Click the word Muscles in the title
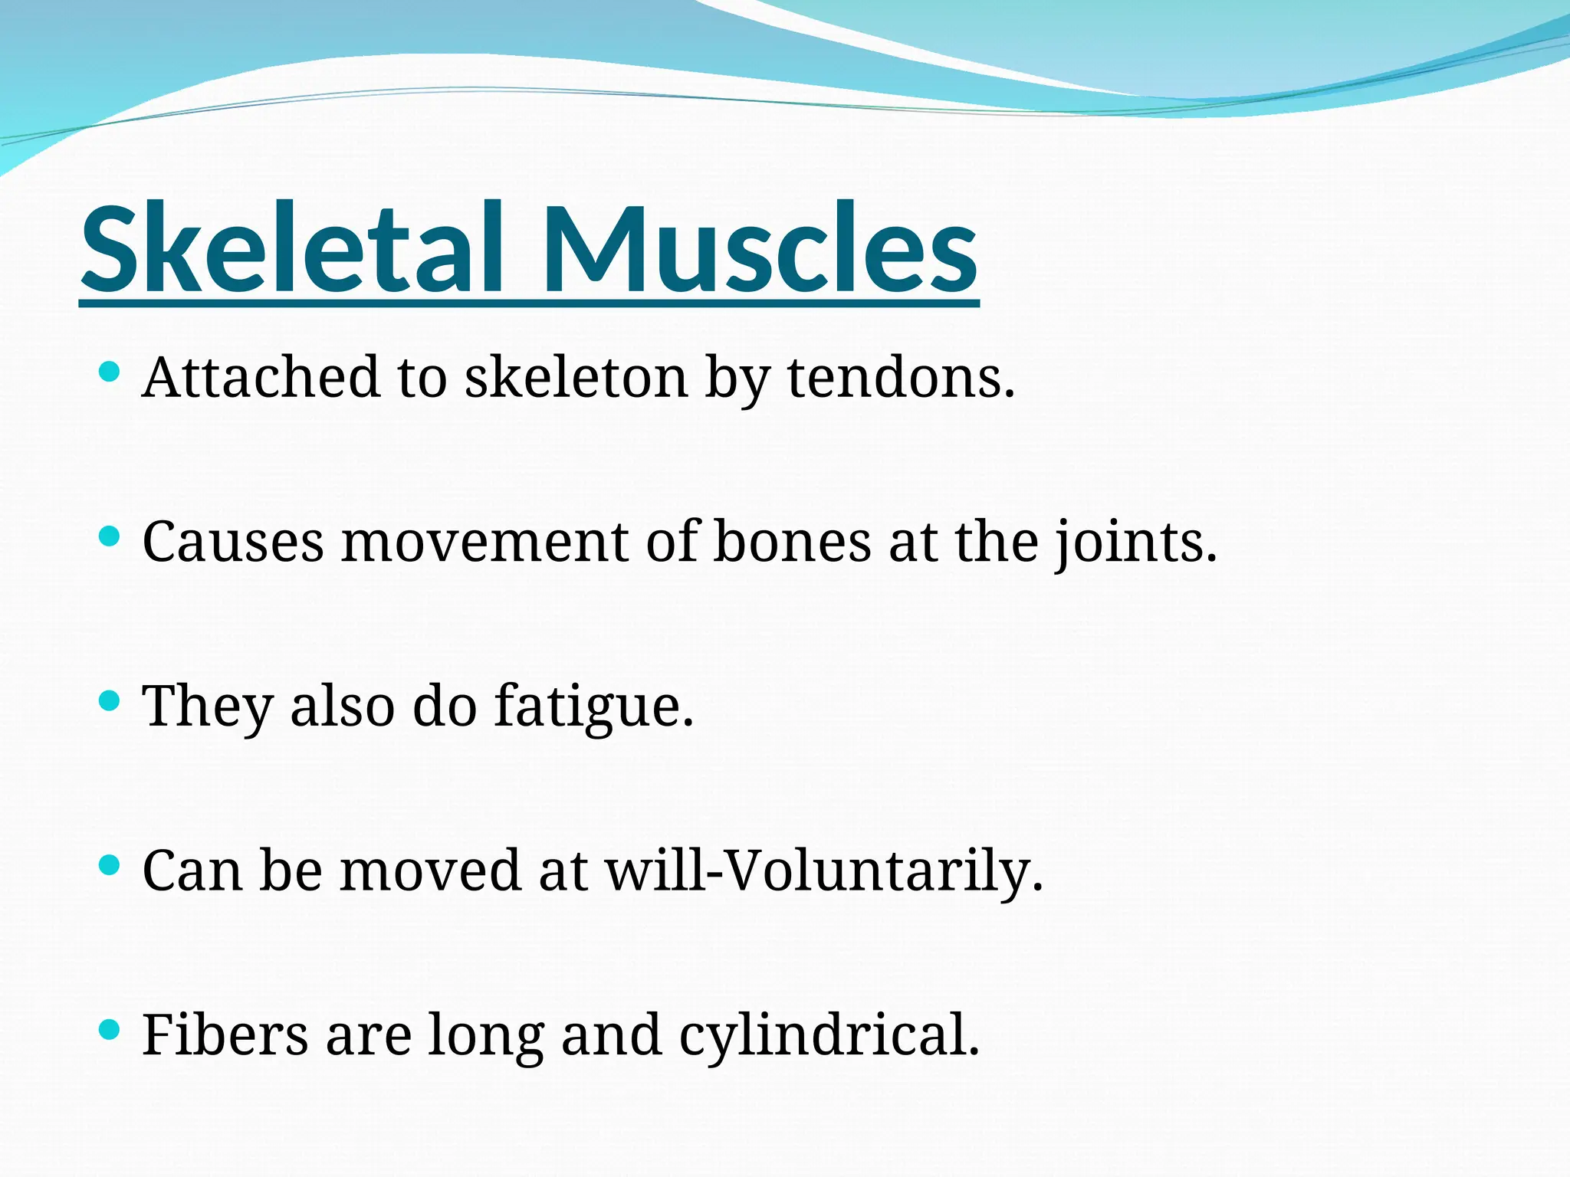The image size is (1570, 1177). [759, 249]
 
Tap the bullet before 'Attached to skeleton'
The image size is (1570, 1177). [110, 373]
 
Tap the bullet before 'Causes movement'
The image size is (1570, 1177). [110, 536]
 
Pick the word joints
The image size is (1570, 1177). [1135, 543]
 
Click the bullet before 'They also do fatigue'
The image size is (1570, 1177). [110, 700]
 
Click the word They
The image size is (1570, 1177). [208, 707]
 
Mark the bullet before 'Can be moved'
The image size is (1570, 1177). [110, 865]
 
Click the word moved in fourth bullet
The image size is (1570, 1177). [430, 870]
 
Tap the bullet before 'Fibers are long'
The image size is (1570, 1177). [110, 1029]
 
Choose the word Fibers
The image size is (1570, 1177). [225, 1034]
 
